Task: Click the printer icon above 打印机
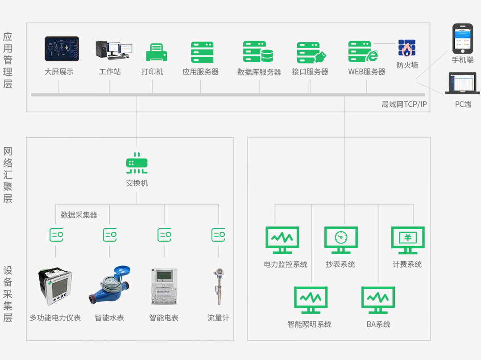[x=157, y=53]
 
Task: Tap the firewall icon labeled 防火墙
[x=407, y=48]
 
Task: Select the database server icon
[x=258, y=52]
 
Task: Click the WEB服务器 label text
[x=367, y=71]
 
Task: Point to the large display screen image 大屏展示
[x=62, y=49]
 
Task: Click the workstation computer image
[x=114, y=50]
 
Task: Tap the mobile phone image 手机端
[x=462, y=39]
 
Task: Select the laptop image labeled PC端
[x=462, y=84]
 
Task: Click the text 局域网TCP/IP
[x=404, y=105]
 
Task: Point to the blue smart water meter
[x=110, y=287]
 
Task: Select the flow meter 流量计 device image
[x=219, y=287]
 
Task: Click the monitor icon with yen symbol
[x=407, y=239]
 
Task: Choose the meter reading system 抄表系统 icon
[x=341, y=239]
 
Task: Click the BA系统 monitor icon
[x=378, y=300]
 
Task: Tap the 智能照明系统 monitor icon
[x=311, y=300]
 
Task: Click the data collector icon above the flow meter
[x=218, y=234]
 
